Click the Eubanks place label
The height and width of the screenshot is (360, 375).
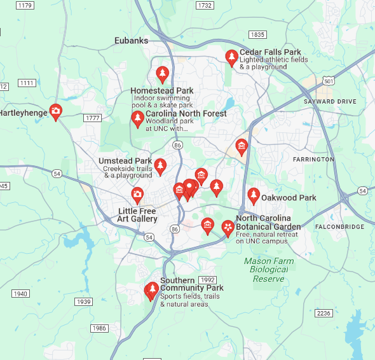click(x=131, y=41)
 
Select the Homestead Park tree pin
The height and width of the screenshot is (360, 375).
click(x=163, y=74)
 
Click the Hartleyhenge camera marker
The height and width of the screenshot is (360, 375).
click(x=56, y=112)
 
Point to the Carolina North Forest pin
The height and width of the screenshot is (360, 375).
click(x=137, y=118)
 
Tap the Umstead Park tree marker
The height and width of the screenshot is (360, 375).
click(x=160, y=166)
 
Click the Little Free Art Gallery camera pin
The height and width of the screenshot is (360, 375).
click(x=137, y=195)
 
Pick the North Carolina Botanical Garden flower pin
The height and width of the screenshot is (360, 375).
click(x=228, y=227)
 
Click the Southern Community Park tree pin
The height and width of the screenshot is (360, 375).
click(x=151, y=291)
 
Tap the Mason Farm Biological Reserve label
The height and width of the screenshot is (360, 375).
click(x=269, y=270)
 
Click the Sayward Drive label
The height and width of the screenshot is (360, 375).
click(x=330, y=102)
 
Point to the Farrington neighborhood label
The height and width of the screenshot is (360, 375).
click(x=313, y=159)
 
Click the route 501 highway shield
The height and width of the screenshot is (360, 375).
click(x=328, y=81)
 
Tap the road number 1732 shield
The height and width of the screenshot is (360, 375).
click(x=205, y=5)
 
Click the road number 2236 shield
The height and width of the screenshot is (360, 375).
click(x=324, y=313)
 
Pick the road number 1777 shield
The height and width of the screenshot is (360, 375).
click(x=93, y=118)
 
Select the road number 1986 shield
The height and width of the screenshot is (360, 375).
click(x=99, y=328)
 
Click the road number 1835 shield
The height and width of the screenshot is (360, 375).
click(x=258, y=35)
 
